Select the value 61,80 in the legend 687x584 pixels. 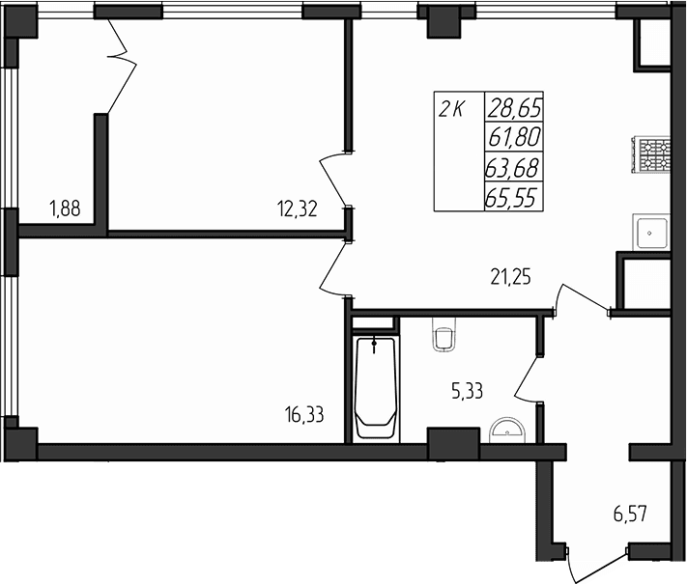pyautogui.click(x=513, y=137)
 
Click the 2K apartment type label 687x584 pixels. pyautogui.click(x=450, y=109)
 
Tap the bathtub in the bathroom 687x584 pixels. pyautogui.click(x=375, y=387)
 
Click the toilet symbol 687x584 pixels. pyautogui.click(x=444, y=335)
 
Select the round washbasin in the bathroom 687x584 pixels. pyautogui.click(x=505, y=429)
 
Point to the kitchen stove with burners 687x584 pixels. pyautogui.click(x=652, y=154)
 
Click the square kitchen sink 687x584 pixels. pyautogui.click(x=653, y=232)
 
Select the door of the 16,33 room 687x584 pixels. pyautogui.click(x=334, y=267)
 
